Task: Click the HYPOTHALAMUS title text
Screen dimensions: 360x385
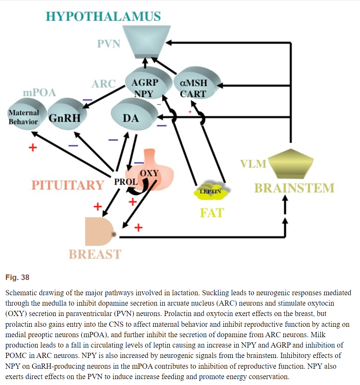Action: coord(103,16)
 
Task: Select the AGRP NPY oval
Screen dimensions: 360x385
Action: coord(148,83)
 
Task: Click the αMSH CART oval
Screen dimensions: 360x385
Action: coord(197,83)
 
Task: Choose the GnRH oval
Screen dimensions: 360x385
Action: coord(67,114)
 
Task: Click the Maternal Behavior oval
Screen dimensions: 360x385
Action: coord(27,114)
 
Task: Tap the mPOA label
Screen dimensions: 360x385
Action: coord(39,93)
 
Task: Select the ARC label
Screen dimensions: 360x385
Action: coord(103,84)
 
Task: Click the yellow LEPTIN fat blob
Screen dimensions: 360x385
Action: coord(211,191)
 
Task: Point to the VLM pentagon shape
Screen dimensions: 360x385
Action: coord(291,164)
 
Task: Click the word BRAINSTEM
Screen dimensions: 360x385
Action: coord(294,188)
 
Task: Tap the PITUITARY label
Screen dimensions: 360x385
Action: coord(68,185)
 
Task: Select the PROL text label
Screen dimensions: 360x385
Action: coord(126,182)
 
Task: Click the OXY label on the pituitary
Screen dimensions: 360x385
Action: coord(149,173)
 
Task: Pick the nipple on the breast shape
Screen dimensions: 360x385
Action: coord(114,235)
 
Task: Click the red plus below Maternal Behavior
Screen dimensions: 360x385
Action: coord(33,148)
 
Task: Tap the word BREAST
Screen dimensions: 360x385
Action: coord(95,254)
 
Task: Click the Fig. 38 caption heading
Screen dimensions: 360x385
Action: coord(17,278)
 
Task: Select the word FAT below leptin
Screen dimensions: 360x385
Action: coord(212,213)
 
